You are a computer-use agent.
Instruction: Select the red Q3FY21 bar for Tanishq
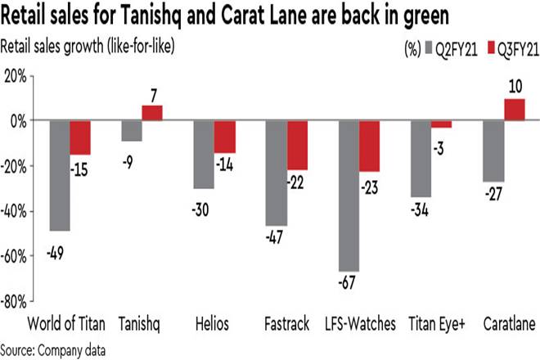tap(153, 113)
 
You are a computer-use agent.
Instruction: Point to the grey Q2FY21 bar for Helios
tap(203, 155)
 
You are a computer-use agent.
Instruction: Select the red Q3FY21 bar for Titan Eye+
tap(441, 124)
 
